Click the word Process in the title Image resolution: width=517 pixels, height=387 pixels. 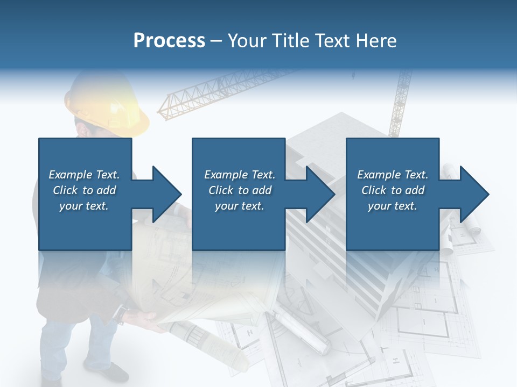point(169,40)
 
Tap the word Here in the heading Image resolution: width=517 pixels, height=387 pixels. point(376,40)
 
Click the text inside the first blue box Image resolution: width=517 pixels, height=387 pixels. point(84,190)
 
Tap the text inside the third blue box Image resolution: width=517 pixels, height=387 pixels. point(393,190)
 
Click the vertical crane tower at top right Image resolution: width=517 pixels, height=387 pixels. point(401,102)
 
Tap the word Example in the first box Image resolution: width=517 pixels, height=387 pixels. point(70,175)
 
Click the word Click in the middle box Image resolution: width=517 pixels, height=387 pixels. point(221,190)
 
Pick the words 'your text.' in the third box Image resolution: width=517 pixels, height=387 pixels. point(393,206)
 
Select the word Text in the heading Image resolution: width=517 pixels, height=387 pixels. point(332,40)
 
